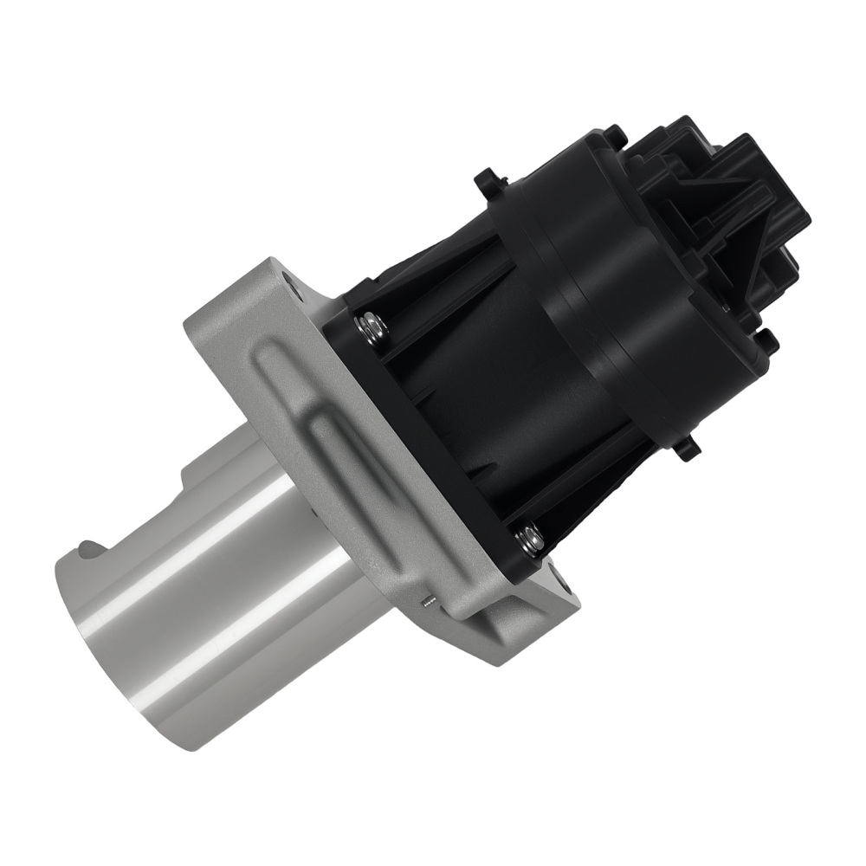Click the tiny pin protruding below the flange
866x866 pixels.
[426, 601]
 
